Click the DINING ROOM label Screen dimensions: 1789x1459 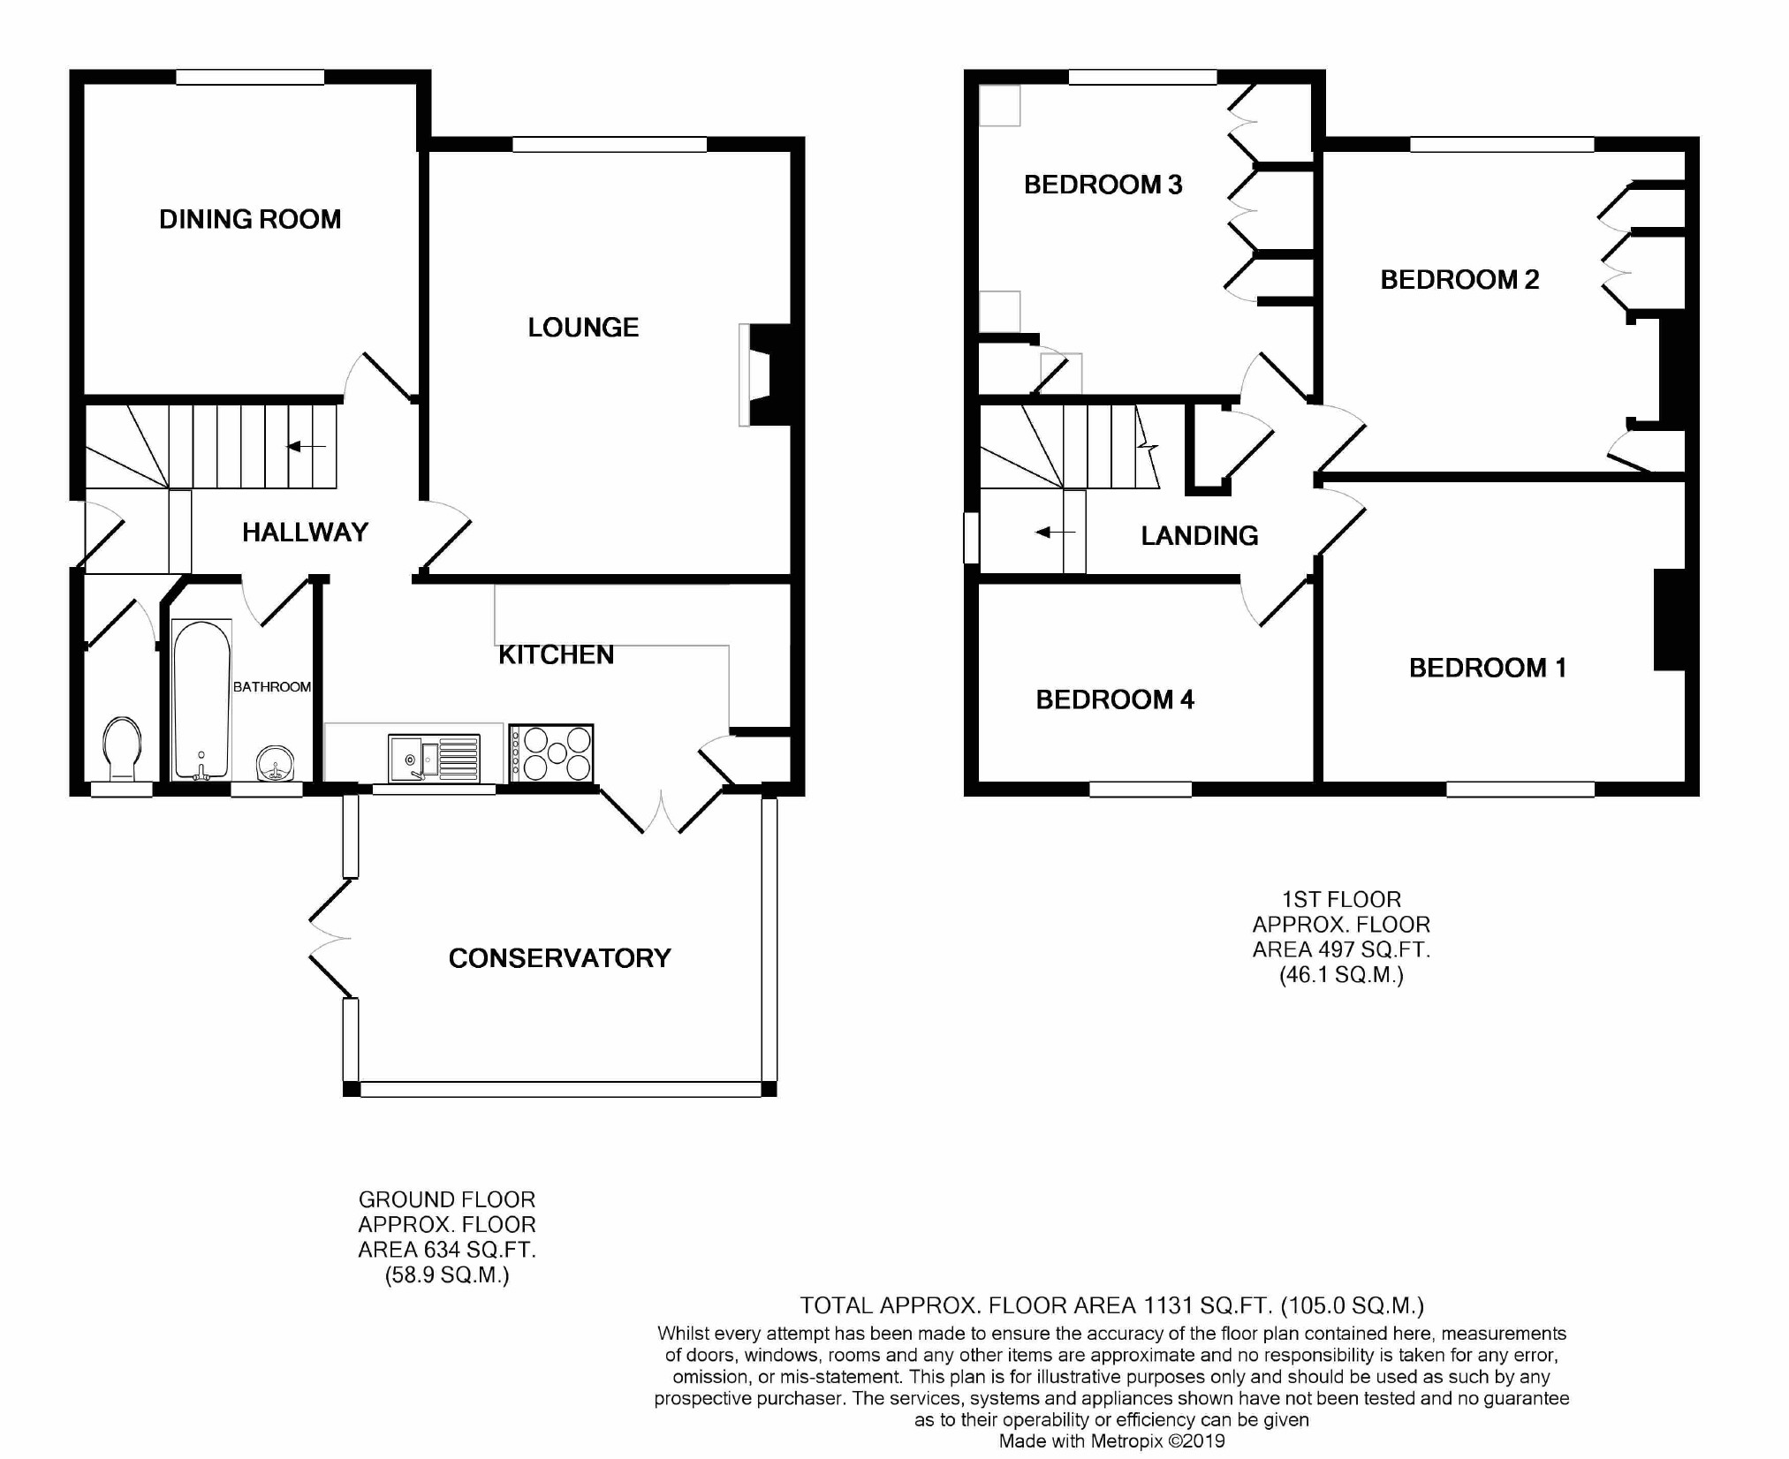pos(250,219)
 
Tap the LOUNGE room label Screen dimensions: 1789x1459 pos(583,328)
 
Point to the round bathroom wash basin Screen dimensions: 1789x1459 pos(276,764)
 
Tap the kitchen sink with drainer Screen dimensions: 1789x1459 pos(435,759)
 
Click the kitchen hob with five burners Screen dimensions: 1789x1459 pos(551,754)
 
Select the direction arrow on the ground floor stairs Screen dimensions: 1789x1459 pos(307,447)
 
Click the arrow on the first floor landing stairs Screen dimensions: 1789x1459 pos(1055,533)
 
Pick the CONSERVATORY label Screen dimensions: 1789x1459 pos(560,958)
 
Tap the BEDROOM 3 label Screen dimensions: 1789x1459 pos(1103,185)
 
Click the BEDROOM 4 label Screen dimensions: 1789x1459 pos(1115,699)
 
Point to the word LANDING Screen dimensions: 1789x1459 pos(1200,535)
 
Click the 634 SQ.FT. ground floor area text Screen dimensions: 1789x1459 pos(447,1250)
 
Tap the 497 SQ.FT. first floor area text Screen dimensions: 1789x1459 pos(1341,949)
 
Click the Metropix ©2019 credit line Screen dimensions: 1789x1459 pos(1112,1441)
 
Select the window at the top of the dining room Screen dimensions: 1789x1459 pos(250,78)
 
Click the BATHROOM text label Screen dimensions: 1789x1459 pos(272,686)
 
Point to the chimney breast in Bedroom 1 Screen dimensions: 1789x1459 pos(1670,619)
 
